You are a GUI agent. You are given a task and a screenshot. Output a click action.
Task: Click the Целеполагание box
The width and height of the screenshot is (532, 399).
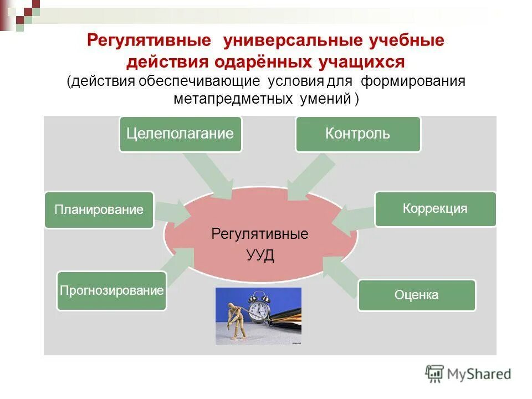(x=181, y=134)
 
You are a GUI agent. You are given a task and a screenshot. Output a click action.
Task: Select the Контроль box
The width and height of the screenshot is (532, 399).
(x=358, y=134)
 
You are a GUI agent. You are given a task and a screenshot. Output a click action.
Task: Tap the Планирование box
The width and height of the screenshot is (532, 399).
(x=99, y=210)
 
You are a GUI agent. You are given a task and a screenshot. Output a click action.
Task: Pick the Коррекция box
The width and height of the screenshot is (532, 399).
(x=435, y=209)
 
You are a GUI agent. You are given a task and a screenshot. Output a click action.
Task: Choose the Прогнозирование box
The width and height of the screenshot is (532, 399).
(x=111, y=290)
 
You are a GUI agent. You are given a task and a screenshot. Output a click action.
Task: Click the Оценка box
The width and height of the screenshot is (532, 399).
(x=416, y=295)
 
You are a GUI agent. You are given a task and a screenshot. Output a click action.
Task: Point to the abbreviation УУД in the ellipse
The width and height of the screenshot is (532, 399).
(x=259, y=256)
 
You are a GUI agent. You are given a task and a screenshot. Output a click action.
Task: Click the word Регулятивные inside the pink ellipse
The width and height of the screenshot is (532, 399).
(x=259, y=234)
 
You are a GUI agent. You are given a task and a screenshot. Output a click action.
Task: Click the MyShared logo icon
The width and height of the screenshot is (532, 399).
(x=434, y=374)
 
